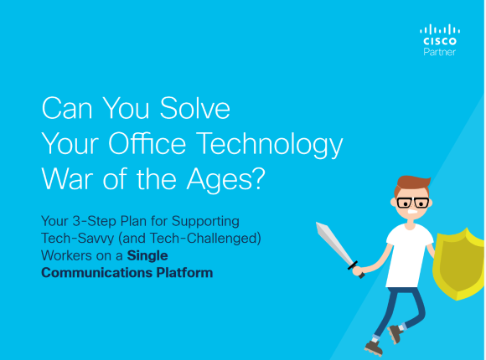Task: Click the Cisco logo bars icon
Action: pos(440,29)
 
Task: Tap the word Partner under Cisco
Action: pos(440,52)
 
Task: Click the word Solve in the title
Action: pos(194,108)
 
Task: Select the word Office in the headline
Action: pos(147,143)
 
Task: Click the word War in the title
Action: pos(67,179)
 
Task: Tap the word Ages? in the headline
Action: pos(225,181)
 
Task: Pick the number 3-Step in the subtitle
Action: pos(94,221)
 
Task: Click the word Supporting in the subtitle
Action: pos(205,222)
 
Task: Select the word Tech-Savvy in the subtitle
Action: pos(78,239)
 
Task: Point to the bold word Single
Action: pos(147,256)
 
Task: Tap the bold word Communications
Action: pos(96,273)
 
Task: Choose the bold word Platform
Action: pos(184,273)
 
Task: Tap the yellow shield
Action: pos(458,265)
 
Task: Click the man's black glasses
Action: pos(413,203)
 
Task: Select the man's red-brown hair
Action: pos(412,183)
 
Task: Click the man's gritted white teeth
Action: pos(412,212)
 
